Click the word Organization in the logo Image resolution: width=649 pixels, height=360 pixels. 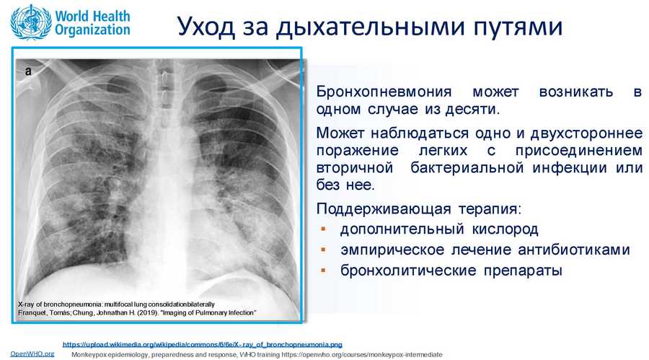tap(92, 30)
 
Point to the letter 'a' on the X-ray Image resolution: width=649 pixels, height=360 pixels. tap(28, 71)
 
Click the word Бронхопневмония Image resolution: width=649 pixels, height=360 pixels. tap(384, 92)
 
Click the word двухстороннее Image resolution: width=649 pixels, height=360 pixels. tap(586, 133)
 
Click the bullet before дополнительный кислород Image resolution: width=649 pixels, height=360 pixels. tap(323, 229)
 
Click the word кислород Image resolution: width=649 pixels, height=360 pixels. tap(505, 229)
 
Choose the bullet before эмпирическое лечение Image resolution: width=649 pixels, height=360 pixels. tap(323, 250)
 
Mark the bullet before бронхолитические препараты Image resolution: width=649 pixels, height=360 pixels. tap(323, 270)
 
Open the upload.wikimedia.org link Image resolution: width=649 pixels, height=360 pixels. tap(203, 344)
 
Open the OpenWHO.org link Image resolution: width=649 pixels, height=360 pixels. tap(32, 354)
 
